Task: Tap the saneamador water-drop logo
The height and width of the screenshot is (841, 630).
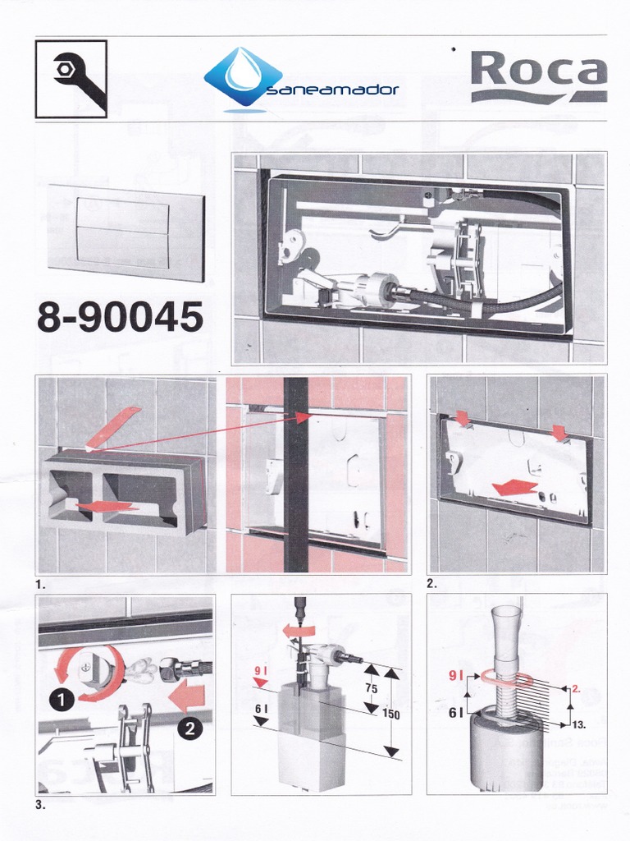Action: point(244,76)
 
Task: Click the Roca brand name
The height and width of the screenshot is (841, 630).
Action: point(538,69)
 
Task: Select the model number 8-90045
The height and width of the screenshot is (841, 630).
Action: point(120,316)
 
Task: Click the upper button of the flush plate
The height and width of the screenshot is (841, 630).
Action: point(123,213)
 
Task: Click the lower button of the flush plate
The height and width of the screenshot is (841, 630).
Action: point(123,246)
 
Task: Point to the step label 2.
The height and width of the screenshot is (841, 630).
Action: point(431,585)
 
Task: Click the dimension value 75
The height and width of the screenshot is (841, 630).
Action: point(372,689)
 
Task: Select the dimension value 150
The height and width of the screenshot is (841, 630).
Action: point(390,715)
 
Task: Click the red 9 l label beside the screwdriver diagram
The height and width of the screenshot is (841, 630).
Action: point(260,670)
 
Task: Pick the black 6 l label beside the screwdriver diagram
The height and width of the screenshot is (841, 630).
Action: point(261,709)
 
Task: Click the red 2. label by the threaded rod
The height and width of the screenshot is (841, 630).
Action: point(576,689)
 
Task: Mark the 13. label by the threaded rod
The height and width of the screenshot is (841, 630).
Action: point(579,725)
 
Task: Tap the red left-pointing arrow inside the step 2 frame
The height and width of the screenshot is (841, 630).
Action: point(515,488)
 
